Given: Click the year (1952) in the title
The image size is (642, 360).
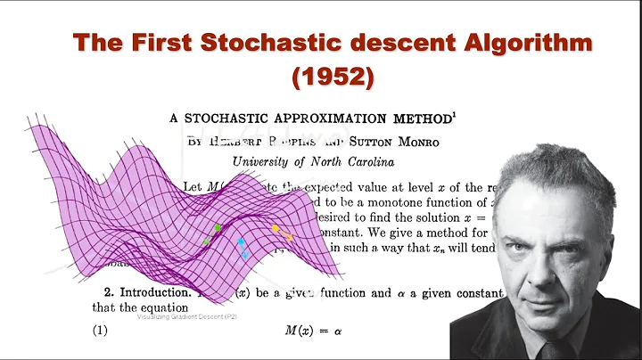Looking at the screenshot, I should (x=332, y=78).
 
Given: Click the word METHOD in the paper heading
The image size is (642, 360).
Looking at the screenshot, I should (x=414, y=118).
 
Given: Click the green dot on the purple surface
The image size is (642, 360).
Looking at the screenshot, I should (x=218, y=228).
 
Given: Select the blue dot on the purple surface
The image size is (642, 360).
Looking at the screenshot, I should (x=241, y=241).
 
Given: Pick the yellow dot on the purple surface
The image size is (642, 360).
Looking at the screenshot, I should (x=275, y=228).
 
